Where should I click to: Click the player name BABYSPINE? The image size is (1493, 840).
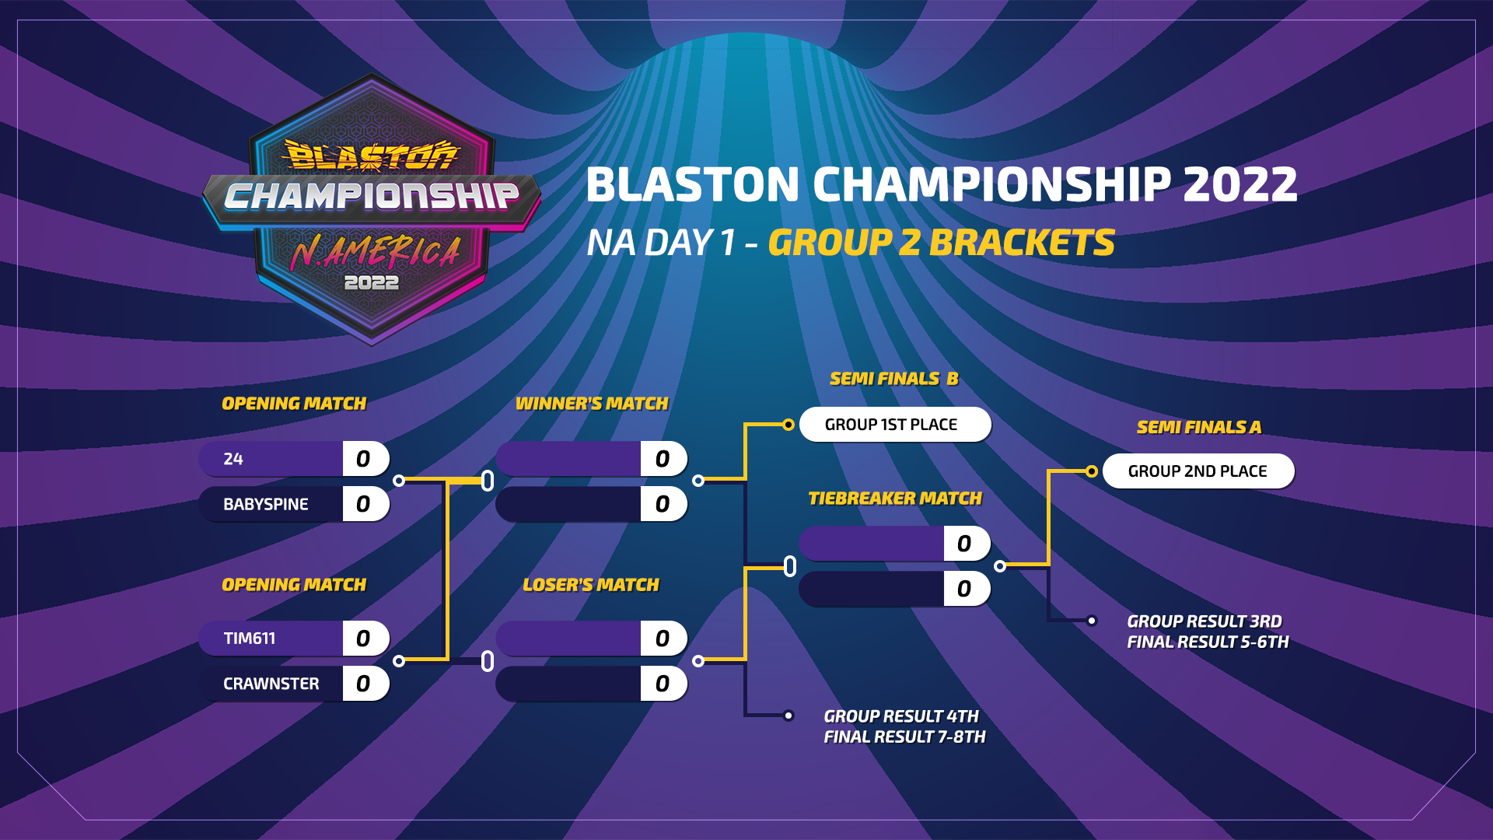click(265, 504)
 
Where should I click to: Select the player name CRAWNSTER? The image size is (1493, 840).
click(271, 684)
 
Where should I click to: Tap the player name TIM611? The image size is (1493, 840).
click(249, 639)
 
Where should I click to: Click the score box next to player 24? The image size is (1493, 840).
click(365, 459)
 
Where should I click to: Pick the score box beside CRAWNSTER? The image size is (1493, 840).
click(365, 684)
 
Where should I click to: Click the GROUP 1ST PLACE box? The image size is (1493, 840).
click(895, 425)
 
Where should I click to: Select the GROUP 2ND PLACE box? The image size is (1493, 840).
click(1198, 471)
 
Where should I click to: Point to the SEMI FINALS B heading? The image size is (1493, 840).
click(894, 379)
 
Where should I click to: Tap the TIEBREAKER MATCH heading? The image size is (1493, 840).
click(895, 499)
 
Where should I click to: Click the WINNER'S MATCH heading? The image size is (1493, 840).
click(592, 404)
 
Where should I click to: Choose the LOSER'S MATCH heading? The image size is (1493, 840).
click(591, 585)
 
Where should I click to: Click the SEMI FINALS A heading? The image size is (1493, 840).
click(1199, 427)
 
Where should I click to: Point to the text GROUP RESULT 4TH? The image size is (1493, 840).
click(901, 716)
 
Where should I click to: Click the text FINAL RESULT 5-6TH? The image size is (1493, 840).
click(1208, 642)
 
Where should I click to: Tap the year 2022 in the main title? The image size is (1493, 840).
click(1240, 184)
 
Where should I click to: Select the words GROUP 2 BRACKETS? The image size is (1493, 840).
click(942, 243)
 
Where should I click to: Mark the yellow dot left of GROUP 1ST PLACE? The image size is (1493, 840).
click(788, 425)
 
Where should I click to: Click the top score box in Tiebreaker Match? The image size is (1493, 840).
click(967, 544)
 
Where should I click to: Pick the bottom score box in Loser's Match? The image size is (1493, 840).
click(663, 684)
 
